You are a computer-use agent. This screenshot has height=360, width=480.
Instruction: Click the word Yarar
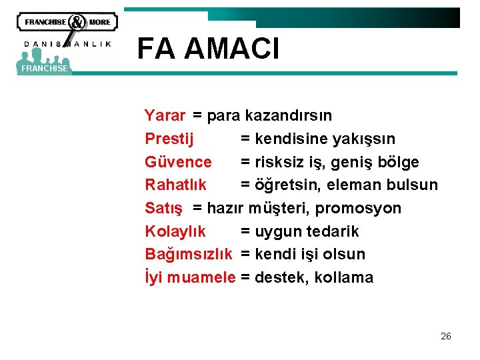coord(165,115)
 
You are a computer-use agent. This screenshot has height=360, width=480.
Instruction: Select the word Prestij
coord(169,139)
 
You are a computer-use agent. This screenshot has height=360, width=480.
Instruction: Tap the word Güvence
coord(178,162)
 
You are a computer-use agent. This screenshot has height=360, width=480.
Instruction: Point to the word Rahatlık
coord(175,185)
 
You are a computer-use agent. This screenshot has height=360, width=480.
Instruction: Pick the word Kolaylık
coord(175,231)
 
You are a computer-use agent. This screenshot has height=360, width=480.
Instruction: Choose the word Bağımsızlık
coord(189,254)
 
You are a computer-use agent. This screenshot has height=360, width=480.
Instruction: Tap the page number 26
coord(445,336)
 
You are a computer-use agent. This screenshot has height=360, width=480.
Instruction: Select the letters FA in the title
coord(157,49)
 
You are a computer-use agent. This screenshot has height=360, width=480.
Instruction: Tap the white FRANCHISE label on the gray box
coord(44,69)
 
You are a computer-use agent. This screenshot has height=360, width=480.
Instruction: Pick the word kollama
coord(340,277)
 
